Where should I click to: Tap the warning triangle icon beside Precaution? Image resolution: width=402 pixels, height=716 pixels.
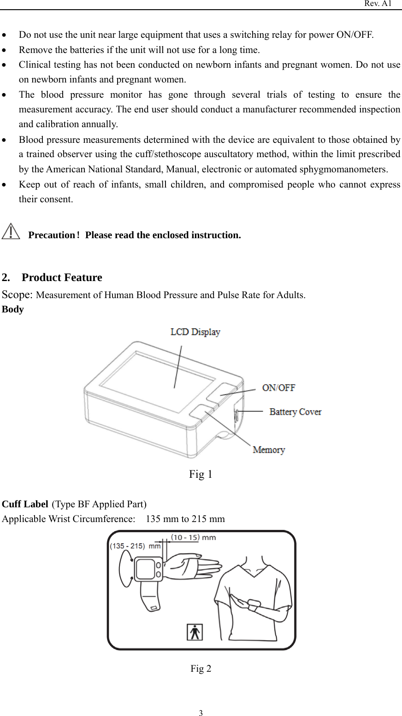point(11,231)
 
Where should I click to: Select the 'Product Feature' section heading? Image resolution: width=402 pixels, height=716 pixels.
point(62,277)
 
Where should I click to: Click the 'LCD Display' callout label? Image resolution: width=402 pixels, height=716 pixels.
point(195,332)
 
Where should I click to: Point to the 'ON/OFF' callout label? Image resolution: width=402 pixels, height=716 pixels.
point(278,388)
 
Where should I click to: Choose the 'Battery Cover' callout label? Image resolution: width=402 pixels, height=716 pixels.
point(295,411)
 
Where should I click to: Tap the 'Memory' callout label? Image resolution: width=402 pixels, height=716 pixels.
point(269,450)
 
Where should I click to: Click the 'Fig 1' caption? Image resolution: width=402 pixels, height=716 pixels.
point(201,474)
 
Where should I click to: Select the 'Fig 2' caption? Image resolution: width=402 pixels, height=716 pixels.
point(201,669)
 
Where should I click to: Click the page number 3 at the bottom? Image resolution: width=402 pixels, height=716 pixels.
point(201,714)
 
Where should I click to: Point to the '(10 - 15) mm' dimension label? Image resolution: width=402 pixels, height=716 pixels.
point(193,537)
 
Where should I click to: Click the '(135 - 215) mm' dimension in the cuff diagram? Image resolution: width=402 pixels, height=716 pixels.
point(135,546)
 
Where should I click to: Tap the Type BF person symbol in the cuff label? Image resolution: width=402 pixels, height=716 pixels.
point(195,632)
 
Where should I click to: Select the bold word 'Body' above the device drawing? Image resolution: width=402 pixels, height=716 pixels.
point(13,309)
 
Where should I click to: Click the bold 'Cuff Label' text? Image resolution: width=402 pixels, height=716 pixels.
point(25,504)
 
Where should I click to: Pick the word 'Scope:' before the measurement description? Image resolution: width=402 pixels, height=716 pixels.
point(18,295)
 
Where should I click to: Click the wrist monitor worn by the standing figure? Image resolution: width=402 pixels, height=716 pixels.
point(254,604)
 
